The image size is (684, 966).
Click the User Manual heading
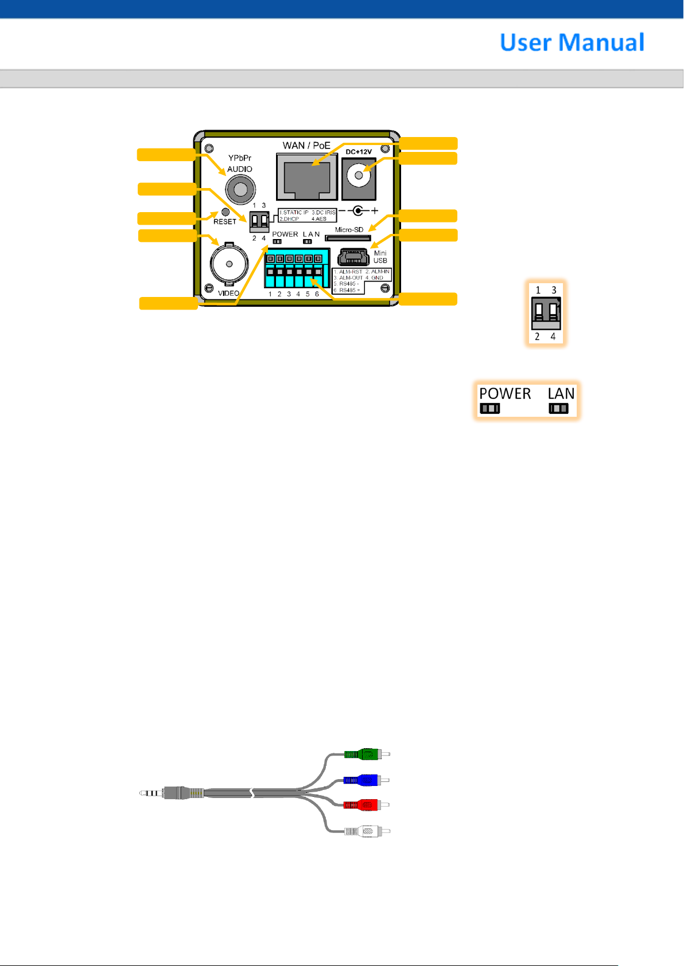pos(572,42)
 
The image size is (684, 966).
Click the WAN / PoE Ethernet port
pos(306,177)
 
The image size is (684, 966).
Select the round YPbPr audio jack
pos(240,189)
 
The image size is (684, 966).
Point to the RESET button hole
pos(225,212)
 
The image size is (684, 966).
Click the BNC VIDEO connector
pos(229,264)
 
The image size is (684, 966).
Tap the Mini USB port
pos(353,256)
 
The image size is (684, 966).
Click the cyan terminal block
pos(297,268)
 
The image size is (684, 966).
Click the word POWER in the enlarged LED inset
pos(505,394)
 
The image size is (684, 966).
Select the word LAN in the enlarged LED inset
pos(561,394)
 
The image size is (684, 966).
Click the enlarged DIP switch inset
pos(546,312)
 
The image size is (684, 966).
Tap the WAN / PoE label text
pos(306,146)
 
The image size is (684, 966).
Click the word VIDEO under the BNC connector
pos(228,294)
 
